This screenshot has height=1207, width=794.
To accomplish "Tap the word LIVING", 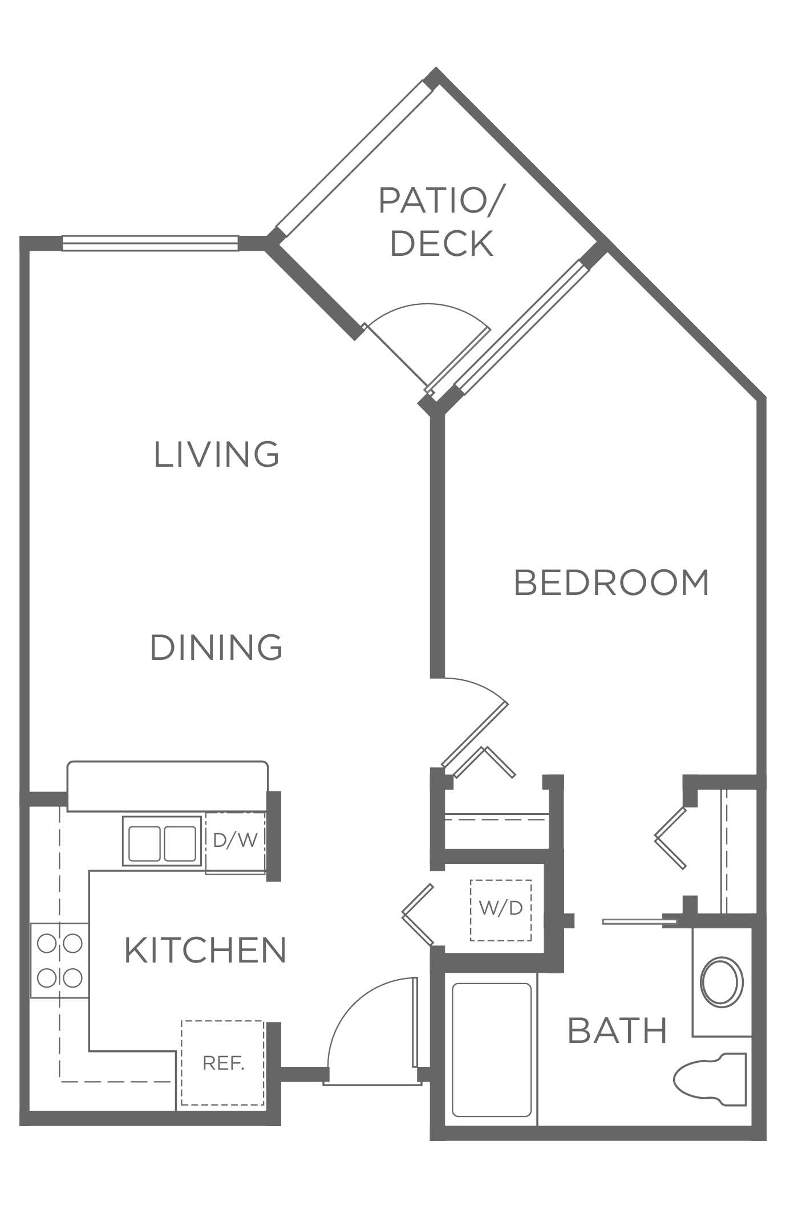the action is (x=217, y=454).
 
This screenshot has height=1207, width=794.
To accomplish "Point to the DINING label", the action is (x=216, y=647).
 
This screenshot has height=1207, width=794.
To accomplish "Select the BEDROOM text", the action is (x=611, y=582).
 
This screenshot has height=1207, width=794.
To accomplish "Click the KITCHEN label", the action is (x=205, y=950).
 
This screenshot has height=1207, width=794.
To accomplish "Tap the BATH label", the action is (x=618, y=1030).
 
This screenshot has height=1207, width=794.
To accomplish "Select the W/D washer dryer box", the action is (x=500, y=908).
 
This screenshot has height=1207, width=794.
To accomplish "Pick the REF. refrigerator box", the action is (x=223, y=1063).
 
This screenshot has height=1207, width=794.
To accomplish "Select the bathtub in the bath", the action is (x=491, y=1058).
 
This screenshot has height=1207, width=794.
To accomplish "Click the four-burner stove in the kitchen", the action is (x=60, y=960).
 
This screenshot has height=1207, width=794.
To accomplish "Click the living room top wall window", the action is (x=150, y=243).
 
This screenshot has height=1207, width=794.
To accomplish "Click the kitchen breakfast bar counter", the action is (x=167, y=786).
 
